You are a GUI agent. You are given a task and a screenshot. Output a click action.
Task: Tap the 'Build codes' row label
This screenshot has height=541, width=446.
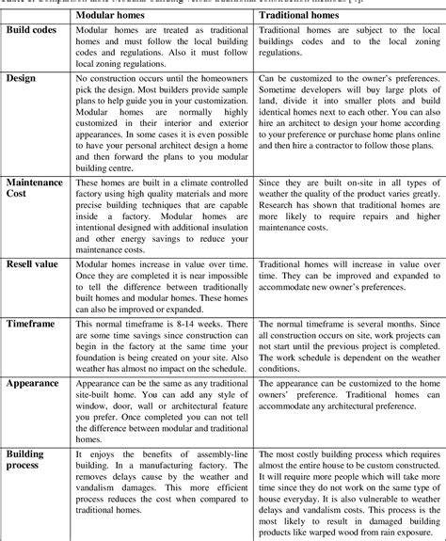(x=34, y=30)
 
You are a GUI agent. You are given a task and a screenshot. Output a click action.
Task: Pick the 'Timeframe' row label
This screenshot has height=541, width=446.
(x=34, y=322)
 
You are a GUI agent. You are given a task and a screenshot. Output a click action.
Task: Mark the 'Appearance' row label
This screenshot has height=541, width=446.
(x=36, y=385)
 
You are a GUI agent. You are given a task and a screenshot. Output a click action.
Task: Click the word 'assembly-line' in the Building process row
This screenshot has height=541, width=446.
(x=208, y=454)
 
